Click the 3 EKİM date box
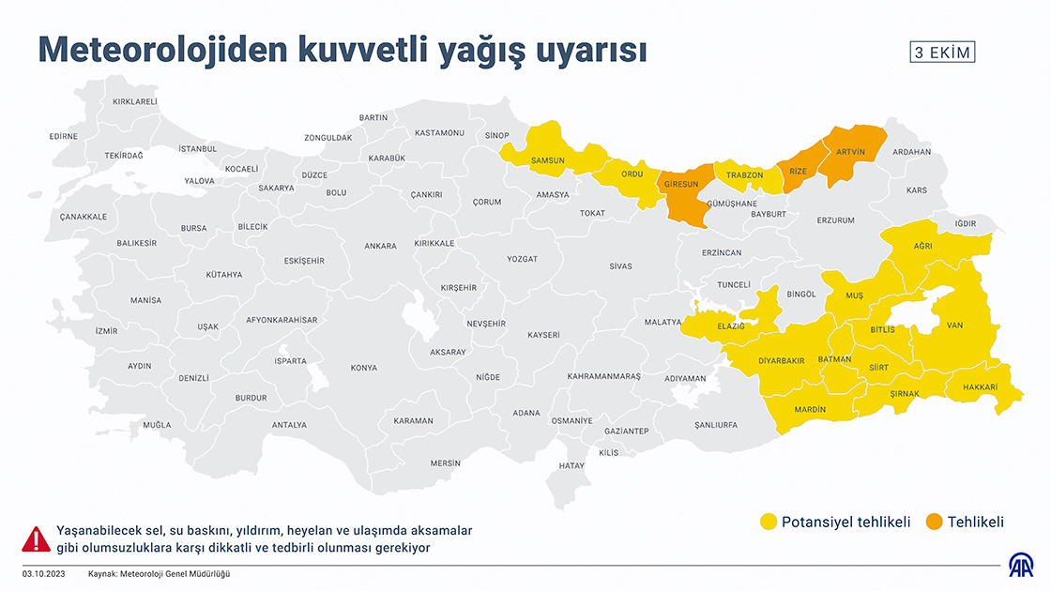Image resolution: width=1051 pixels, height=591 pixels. (942, 53)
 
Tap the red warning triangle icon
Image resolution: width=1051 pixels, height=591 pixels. (36, 539)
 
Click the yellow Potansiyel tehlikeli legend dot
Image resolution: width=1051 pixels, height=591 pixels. (769, 523)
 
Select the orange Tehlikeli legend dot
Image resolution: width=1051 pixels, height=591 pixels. (934, 523)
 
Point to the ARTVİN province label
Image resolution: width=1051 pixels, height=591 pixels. (850, 151)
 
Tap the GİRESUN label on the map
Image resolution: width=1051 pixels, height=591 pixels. (681, 184)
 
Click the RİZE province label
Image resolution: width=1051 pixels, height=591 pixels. (798, 172)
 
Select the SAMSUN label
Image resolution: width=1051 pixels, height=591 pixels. (548, 160)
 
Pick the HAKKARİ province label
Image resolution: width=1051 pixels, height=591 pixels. (979, 387)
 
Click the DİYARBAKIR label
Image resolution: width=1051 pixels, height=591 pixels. (782, 360)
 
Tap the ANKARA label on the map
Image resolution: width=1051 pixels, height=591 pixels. (380, 246)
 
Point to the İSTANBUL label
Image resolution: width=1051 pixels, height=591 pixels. (197, 148)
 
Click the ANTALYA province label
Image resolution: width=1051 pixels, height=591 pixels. (289, 425)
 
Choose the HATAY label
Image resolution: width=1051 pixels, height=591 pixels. (571, 465)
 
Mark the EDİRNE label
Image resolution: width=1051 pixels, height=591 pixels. (63, 136)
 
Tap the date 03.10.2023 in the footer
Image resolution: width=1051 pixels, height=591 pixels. (44, 573)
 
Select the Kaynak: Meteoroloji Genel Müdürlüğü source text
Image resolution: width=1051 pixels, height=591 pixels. (159, 573)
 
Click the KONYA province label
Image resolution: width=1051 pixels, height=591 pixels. (363, 368)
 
